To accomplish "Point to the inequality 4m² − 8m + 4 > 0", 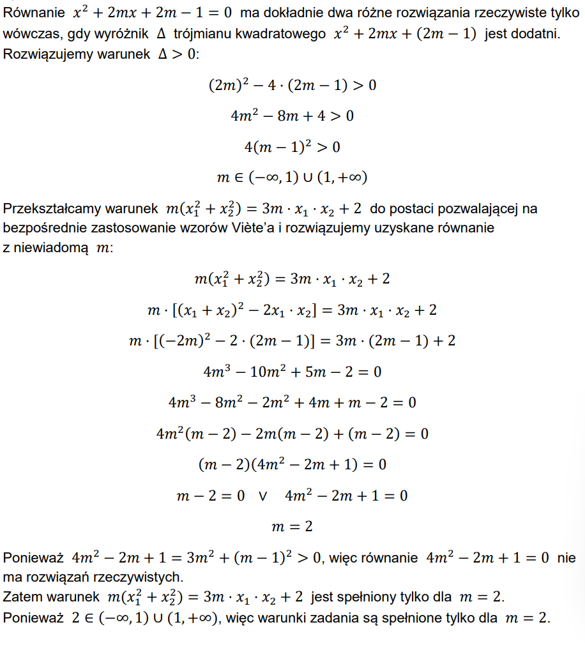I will [x=292, y=116].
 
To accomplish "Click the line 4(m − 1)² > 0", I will [x=292, y=147].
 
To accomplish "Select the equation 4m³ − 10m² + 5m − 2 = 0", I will [x=292, y=372].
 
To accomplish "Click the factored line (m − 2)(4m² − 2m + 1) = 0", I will [x=292, y=464].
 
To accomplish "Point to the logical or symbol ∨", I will [x=262, y=496].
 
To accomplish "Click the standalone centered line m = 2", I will [x=292, y=527].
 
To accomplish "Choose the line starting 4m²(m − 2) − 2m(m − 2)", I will [x=292, y=434].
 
